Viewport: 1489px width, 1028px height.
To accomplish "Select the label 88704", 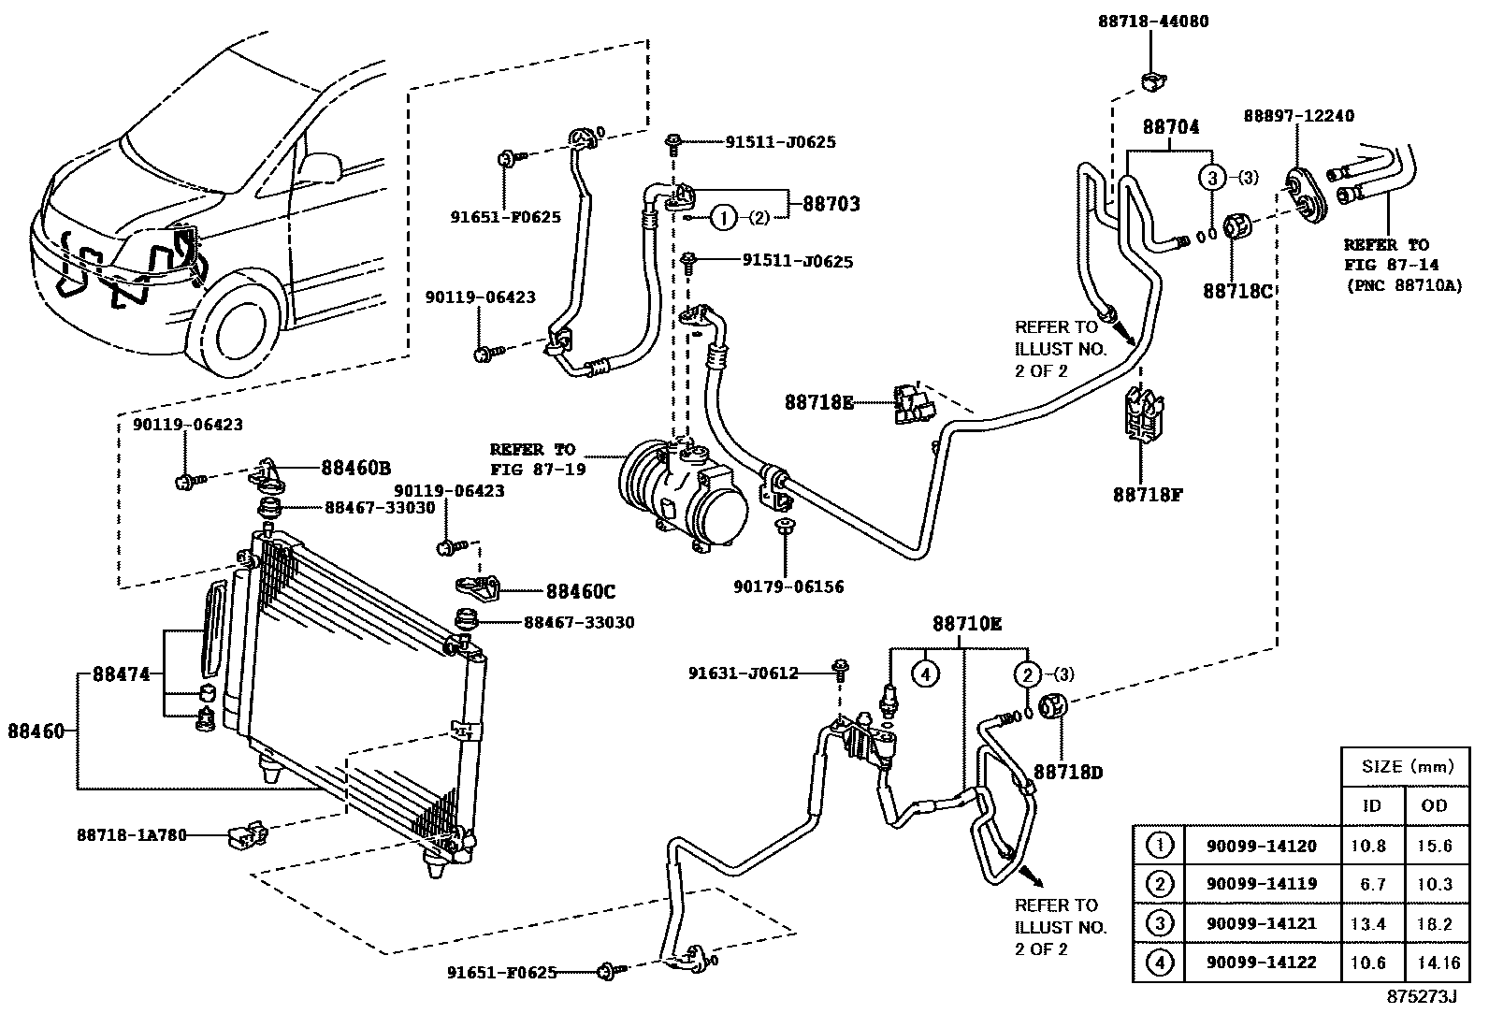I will (x=1169, y=127).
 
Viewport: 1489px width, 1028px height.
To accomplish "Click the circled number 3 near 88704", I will (x=1212, y=178).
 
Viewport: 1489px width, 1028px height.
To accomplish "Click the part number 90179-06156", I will (x=788, y=586).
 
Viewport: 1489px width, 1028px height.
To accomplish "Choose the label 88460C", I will (x=581, y=591).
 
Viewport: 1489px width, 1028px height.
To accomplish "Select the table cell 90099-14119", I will (x=1261, y=884).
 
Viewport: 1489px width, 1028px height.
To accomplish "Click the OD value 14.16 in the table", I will (x=1434, y=963).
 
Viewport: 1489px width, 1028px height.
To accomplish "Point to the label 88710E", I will (x=966, y=624).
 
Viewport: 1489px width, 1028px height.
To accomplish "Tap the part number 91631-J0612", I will (x=743, y=673).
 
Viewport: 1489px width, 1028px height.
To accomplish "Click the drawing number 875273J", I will (x=1422, y=997).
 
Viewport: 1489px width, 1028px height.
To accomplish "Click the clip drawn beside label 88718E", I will (x=912, y=404).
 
